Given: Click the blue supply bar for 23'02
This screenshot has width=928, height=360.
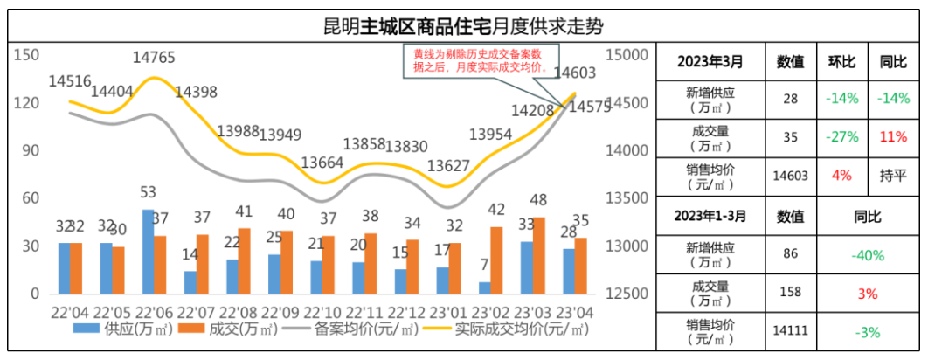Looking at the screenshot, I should (x=483, y=287).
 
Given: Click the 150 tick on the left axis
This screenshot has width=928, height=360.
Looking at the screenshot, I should (x=29, y=55).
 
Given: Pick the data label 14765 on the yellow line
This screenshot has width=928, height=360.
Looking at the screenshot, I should (x=154, y=58).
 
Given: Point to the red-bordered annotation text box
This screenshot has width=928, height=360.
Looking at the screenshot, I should (x=479, y=59).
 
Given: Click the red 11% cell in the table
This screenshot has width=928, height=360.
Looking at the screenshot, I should (x=893, y=136).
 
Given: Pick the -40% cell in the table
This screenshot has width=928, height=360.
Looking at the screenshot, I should (x=867, y=256).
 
